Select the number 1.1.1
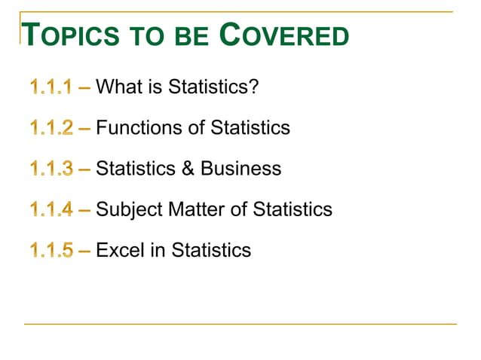(x=51, y=87)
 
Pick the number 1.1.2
(x=51, y=128)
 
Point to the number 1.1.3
(x=51, y=169)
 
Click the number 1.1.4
(x=51, y=209)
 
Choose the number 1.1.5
(x=51, y=249)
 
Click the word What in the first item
(x=118, y=87)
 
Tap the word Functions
(x=140, y=128)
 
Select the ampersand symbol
(x=186, y=169)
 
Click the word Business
(x=241, y=169)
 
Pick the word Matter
(x=196, y=209)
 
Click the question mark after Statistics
(x=253, y=87)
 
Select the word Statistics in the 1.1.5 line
(x=211, y=249)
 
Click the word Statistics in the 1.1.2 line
(x=250, y=128)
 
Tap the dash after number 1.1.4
(x=84, y=209)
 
